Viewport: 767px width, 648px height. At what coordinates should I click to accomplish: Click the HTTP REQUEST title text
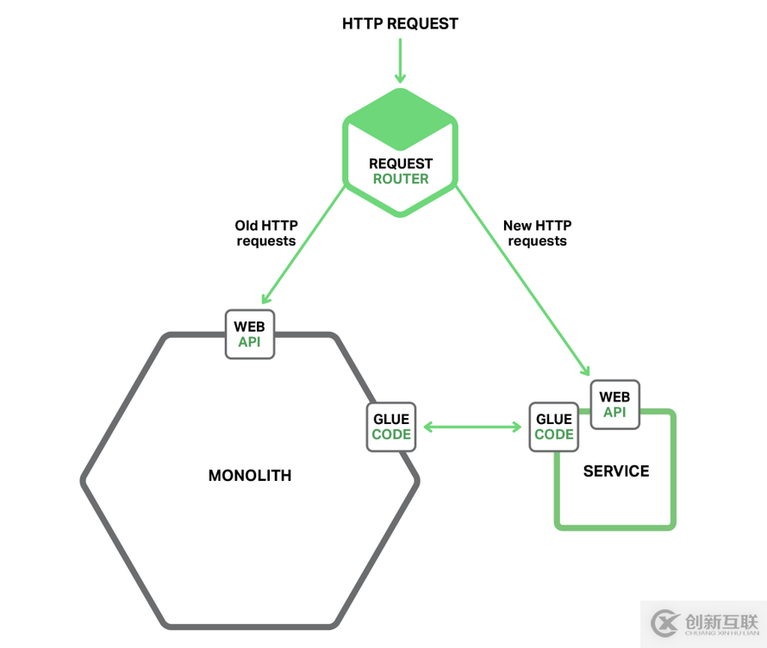pos(400,23)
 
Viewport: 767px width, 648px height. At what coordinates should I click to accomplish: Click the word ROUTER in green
pos(400,179)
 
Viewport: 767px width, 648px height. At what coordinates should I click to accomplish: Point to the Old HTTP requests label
pos(265,234)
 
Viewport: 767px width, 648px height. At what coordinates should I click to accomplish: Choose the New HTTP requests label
pos(537,234)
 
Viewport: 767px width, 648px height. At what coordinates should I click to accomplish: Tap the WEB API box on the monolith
pos(250,334)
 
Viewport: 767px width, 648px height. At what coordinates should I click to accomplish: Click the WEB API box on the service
pos(614,404)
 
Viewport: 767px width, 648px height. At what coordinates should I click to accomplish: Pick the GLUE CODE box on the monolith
pos(390,427)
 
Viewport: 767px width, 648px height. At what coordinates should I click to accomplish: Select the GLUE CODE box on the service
pos(553,427)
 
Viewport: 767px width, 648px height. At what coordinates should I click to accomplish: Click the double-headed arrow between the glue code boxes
pos(472,427)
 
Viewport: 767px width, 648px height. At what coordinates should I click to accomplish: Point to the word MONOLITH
pos(250,475)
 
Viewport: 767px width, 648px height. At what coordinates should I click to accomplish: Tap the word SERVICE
pos(616,471)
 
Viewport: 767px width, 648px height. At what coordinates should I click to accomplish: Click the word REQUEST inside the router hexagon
pos(400,164)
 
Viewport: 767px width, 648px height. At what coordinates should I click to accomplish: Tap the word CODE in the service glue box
pos(553,434)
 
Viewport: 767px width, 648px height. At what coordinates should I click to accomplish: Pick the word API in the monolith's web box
pos(250,342)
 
